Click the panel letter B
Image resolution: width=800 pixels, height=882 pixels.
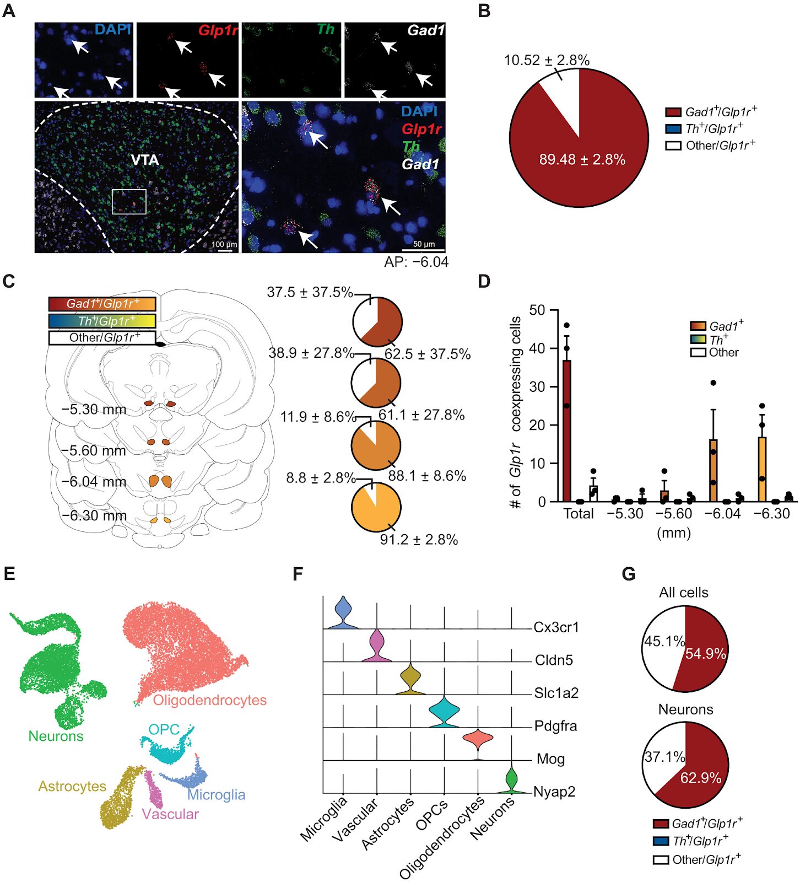point(484,10)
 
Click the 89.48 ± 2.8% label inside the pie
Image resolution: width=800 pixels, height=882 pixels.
point(582,160)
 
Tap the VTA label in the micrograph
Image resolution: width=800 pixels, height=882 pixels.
point(145,160)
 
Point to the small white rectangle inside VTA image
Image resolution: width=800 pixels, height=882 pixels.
point(129,201)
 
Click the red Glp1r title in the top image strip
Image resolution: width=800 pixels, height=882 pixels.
point(218,30)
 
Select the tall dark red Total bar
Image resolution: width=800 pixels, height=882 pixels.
point(566,430)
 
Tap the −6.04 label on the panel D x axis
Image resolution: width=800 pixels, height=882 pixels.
point(722,514)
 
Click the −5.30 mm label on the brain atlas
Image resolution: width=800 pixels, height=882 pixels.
point(94,410)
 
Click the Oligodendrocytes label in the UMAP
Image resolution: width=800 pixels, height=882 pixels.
point(209,700)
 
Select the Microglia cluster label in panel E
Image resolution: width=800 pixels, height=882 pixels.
point(216,794)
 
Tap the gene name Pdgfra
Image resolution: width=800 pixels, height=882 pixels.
point(555,726)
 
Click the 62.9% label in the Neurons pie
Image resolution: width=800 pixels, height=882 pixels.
point(700,778)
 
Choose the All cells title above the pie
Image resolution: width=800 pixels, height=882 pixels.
point(683,593)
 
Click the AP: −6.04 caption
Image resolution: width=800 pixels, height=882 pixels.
point(416,262)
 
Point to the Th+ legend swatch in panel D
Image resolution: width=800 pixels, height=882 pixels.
point(698,339)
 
